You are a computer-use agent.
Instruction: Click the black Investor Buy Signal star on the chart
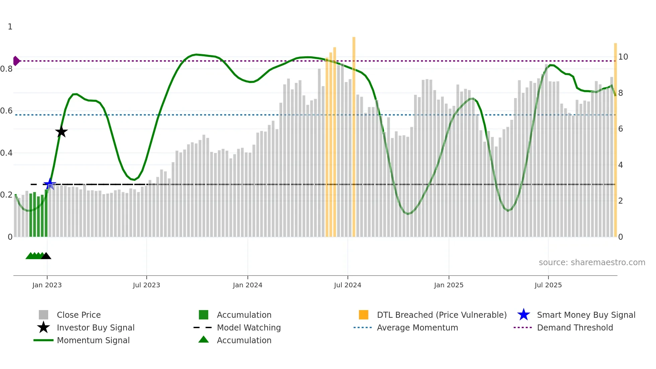61,132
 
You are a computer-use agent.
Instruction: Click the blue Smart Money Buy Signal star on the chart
50,184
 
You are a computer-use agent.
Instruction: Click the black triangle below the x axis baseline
46,256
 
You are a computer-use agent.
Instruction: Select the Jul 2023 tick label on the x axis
146,285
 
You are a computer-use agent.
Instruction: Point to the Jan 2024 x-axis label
247,285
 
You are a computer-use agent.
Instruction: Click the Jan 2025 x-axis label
448,285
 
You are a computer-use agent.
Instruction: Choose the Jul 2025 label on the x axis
548,285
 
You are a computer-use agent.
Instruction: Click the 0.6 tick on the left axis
6,111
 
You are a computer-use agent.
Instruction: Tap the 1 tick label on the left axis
10,27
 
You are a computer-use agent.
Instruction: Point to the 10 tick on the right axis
623,57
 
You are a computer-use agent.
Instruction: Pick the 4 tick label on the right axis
621,165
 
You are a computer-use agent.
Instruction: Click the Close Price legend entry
79,315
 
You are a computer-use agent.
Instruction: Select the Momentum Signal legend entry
93,340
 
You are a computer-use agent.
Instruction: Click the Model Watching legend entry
249,327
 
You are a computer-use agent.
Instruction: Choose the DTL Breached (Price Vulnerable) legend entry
441,315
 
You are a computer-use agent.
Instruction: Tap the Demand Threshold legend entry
575,327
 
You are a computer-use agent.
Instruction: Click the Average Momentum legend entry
417,327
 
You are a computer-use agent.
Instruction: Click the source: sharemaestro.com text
592,263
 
